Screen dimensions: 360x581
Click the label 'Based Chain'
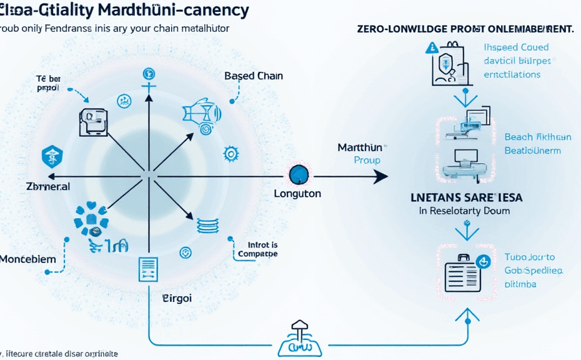click(253, 76)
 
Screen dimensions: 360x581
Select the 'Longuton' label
click(297, 194)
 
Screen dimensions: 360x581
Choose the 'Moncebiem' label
click(28, 259)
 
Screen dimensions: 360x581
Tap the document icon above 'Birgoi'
click(148, 270)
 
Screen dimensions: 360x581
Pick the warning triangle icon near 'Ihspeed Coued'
click(431, 47)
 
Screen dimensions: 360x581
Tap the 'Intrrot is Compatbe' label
click(258, 249)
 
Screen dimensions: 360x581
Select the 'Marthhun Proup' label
click(360, 154)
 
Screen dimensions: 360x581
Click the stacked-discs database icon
click(206, 226)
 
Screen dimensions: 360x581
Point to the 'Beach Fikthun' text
click(537, 137)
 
